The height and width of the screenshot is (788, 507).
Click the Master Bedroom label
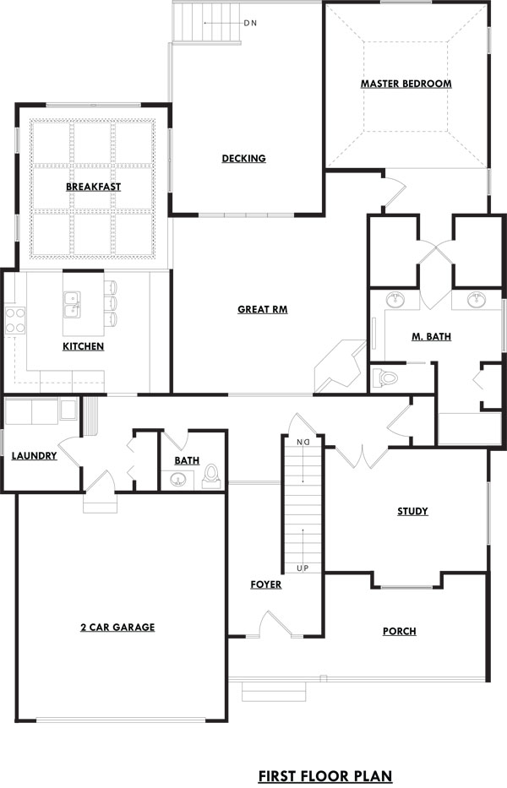(406, 84)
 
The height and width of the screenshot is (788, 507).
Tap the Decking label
(244, 158)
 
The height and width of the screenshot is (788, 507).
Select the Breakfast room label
(94, 187)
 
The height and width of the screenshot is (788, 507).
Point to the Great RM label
(263, 310)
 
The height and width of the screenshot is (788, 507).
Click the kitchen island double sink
(73, 305)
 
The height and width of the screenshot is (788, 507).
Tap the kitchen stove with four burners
(14, 321)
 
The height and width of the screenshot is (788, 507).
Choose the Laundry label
(34, 456)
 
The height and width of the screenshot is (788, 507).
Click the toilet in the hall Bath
(211, 476)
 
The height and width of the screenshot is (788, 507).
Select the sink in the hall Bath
(177, 480)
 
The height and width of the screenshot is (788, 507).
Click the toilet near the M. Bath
(385, 377)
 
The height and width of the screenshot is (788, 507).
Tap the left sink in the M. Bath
(395, 300)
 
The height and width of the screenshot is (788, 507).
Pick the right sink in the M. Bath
(476, 300)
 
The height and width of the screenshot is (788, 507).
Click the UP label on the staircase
(303, 568)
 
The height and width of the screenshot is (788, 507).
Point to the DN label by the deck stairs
(250, 23)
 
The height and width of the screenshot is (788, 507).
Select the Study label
(412, 512)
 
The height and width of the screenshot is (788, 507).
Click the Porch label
(400, 631)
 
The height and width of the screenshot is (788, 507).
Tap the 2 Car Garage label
(117, 628)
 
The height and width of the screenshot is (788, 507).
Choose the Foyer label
(266, 584)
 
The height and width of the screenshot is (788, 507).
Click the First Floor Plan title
(325, 776)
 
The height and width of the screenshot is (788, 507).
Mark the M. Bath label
(432, 337)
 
